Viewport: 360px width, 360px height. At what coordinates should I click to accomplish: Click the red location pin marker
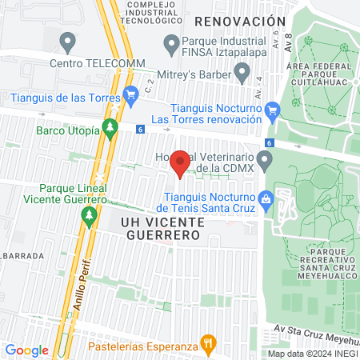click(x=180, y=162)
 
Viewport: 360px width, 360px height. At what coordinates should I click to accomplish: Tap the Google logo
click(x=26, y=350)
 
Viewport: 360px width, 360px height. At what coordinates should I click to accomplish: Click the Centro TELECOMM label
click(x=94, y=62)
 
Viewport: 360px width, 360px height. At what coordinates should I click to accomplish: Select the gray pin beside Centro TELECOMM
click(x=68, y=40)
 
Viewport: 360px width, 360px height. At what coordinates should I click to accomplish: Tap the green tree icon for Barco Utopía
click(x=110, y=126)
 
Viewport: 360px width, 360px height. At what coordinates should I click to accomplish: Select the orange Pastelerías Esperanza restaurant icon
click(x=208, y=345)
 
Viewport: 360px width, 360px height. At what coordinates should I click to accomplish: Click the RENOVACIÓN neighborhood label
click(x=239, y=21)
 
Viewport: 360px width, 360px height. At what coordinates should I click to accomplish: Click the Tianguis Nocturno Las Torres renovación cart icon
click(x=274, y=110)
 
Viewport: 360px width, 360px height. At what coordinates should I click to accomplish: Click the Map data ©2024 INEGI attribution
click(x=313, y=354)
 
